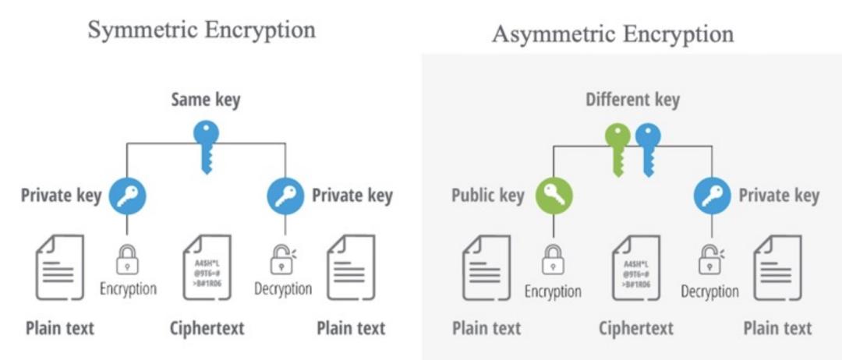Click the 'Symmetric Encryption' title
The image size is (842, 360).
point(201,30)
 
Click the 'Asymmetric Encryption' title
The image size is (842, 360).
point(612,34)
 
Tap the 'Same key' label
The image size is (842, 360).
point(206,100)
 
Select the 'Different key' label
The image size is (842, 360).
point(632,100)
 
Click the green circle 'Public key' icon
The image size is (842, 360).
point(554,195)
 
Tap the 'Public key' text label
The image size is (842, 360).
point(488,195)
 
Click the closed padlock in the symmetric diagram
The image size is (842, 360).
point(127,260)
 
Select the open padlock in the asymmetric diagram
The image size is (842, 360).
point(709,260)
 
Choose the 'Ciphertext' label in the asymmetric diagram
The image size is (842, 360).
point(635,328)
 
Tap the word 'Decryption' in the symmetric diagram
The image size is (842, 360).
point(283,289)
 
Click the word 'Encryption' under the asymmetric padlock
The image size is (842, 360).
point(553,291)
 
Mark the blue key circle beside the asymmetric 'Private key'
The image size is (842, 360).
point(712,195)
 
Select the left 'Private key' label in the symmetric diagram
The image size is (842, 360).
point(61,195)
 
